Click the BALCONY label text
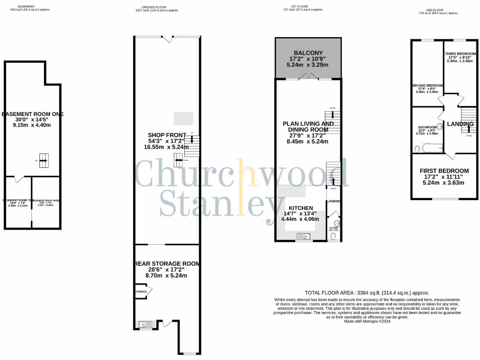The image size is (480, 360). click(308, 52)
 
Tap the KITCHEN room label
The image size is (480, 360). click(300, 208)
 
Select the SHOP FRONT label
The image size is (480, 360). click(167, 135)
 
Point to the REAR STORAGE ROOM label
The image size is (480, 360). click(167, 264)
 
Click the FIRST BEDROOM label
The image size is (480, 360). click(444, 171)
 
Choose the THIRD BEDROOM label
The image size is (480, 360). click(460, 54)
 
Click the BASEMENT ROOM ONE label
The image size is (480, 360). click(32, 114)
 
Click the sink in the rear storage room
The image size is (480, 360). click(143, 323)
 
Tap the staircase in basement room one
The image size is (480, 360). click(43, 160)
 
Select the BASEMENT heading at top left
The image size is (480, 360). click(26, 7)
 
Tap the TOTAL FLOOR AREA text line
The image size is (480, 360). click(367, 292)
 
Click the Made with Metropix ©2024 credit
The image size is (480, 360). click(367, 322)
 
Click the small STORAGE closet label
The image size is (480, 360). click(142, 292)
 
